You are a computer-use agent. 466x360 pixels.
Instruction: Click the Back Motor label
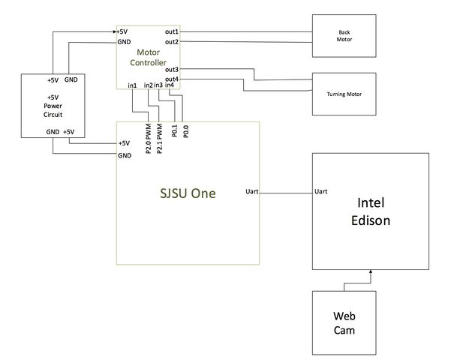click(x=344, y=36)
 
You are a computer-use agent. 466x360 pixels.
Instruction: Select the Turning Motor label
click(x=344, y=94)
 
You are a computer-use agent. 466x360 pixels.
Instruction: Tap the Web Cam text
click(x=344, y=322)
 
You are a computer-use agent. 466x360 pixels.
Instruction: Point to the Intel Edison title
click(x=371, y=211)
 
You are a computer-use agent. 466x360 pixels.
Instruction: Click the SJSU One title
click(x=188, y=193)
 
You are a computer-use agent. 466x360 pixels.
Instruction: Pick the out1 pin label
click(x=172, y=31)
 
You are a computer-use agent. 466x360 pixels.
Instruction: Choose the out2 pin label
click(x=172, y=42)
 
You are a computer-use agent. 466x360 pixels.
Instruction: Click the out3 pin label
click(x=172, y=70)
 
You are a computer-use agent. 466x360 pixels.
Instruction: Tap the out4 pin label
click(x=172, y=79)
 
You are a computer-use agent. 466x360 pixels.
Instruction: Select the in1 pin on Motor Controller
click(x=132, y=85)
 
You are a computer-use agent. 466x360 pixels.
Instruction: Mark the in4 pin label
click(x=169, y=85)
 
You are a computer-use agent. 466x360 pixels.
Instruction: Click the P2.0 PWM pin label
click(x=149, y=139)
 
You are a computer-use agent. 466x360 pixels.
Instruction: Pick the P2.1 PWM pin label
click(x=160, y=139)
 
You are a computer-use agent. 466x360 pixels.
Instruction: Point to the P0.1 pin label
click(x=175, y=130)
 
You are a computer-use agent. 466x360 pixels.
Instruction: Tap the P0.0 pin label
click(x=186, y=131)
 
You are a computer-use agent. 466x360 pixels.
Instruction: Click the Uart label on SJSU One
click(x=251, y=191)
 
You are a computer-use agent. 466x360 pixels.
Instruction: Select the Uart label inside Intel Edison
click(x=321, y=191)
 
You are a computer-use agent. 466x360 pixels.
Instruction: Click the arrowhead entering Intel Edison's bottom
click(x=371, y=271)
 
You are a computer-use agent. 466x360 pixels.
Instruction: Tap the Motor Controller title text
click(x=148, y=57)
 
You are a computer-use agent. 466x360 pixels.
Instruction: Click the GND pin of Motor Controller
click(x=124, y=42)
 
